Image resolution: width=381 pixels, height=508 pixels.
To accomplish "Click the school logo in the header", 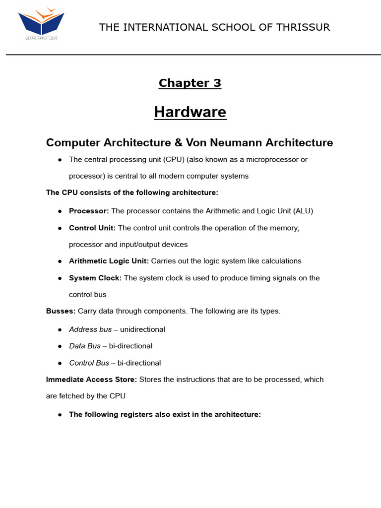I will click(41, 23).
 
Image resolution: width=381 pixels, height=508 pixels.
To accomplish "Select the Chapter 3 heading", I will click(190, 83).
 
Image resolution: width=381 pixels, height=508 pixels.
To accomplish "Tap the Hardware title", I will click(190, 112).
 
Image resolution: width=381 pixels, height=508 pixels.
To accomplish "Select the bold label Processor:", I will click(89, 211).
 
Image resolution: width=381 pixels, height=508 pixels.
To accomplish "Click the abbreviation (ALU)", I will click(303, 211).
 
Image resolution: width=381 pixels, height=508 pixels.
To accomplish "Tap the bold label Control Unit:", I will click(92, 228).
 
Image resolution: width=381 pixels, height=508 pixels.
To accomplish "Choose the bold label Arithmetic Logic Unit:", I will click(109, 261).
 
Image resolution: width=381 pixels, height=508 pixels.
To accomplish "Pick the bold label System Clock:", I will click(95, 278).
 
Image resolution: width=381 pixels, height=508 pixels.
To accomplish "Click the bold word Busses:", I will click(61, 311).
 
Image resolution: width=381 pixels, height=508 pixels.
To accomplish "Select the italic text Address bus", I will click(90, 329).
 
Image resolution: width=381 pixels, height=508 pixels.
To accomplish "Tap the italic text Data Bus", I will click(85, 346).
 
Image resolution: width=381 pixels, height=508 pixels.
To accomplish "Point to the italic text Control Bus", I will click(89, 363).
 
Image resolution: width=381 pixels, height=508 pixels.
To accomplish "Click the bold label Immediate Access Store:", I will click(92, 380).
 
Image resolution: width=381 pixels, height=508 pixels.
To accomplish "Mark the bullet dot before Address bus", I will click(60, 329).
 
